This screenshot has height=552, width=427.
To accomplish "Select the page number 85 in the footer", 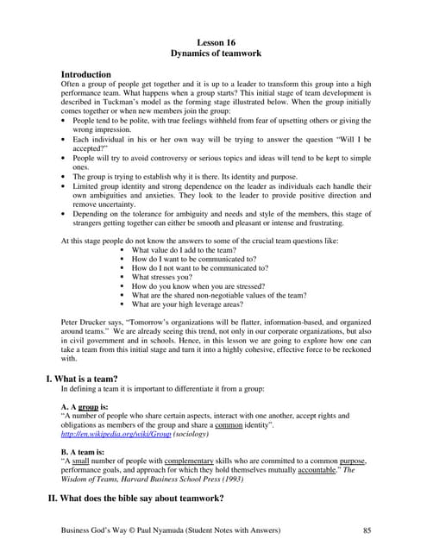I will tap(368, 530).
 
